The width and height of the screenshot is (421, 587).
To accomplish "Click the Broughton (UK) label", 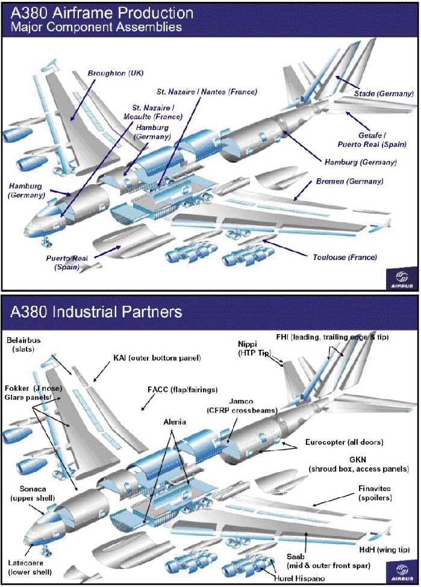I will tap(116, 73).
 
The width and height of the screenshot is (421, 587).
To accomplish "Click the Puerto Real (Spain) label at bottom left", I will tap(67, 262).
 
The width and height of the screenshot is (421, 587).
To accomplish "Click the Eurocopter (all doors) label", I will tap(344, 443).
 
